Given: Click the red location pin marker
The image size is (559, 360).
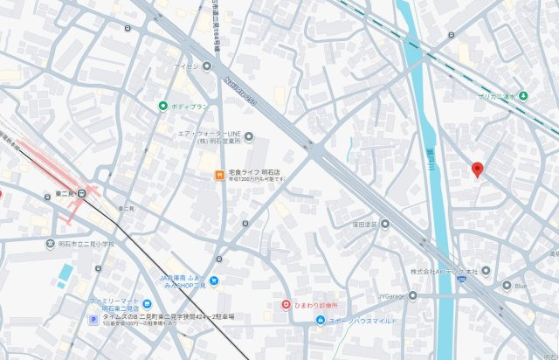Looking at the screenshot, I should tap(477, 170).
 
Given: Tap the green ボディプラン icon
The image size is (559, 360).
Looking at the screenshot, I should tap(162, 107).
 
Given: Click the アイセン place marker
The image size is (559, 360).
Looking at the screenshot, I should tap(207, 66).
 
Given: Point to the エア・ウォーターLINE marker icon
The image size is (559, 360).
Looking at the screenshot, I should tap(249, 136).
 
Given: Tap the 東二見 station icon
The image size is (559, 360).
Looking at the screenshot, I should tap(82, 193).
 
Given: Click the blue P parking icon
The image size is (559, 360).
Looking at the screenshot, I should tap(93, 320).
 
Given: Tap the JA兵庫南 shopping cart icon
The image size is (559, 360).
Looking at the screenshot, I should tap(214, 280).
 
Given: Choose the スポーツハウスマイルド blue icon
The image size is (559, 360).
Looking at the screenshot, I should tap(321, 320).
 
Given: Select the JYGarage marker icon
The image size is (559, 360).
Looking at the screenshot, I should tap(413, 295).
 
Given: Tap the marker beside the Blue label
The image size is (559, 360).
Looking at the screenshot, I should tap(507, 285).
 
